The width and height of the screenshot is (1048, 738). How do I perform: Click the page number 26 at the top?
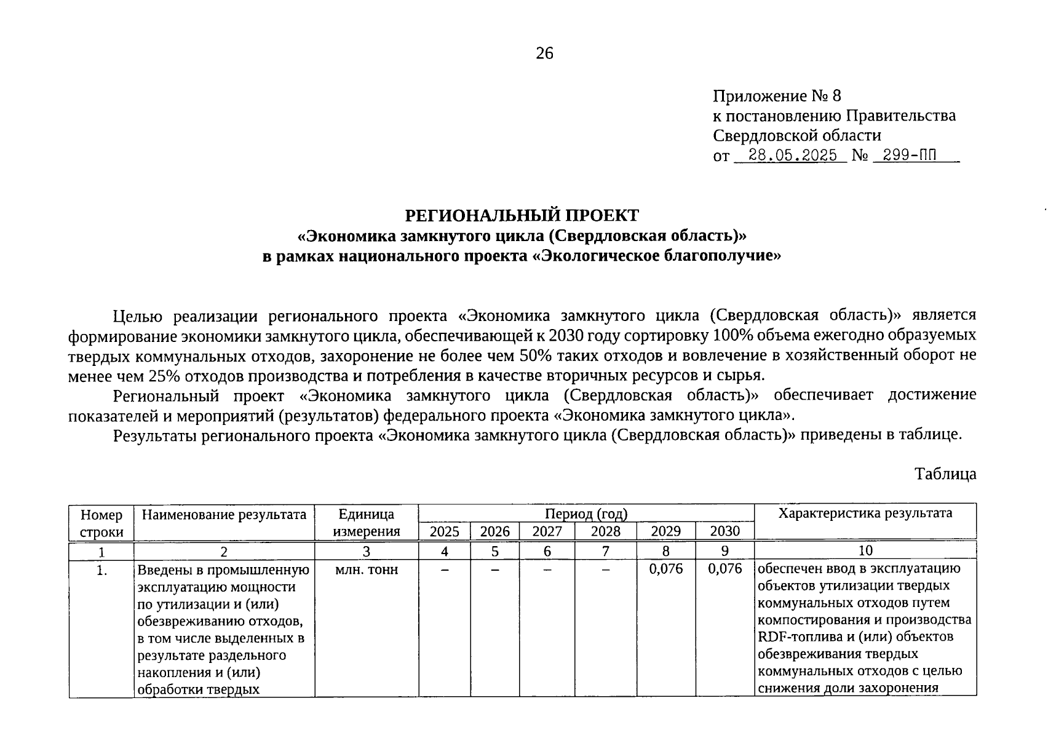545,54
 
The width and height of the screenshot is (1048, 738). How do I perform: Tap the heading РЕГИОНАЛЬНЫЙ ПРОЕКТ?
522,215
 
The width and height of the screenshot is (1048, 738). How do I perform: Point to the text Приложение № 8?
776,96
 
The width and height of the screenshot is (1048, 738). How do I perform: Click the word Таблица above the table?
945,474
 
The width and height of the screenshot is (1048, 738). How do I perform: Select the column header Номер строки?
101,523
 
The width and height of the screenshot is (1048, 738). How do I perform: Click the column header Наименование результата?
224,515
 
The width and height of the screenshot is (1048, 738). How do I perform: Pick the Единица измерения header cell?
366,523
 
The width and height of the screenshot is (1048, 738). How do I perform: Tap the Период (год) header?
586,514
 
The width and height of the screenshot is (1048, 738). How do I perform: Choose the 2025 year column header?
444,531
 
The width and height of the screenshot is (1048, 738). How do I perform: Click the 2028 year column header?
605,531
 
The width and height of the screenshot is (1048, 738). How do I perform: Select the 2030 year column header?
724,531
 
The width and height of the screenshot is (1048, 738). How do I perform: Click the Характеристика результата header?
865,514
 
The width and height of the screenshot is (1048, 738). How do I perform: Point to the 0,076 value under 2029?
665,569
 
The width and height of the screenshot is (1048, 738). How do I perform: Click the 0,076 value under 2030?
724,569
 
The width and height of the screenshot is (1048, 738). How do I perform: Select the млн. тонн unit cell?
366,570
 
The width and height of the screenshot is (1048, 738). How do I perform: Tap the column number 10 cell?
865,551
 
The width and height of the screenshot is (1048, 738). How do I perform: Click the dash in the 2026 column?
494,571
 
